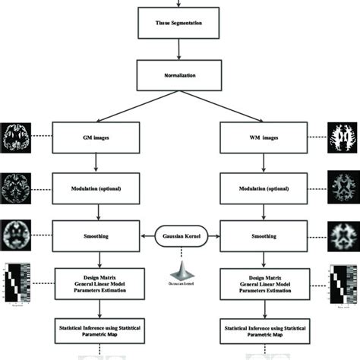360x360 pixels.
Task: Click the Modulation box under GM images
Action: (96, 187)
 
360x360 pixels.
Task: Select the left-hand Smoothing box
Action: (96, 235)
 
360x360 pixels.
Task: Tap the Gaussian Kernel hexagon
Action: (180, 235)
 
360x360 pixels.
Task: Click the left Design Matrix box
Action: (96, 283)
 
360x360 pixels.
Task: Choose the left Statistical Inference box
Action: (96, 331)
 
